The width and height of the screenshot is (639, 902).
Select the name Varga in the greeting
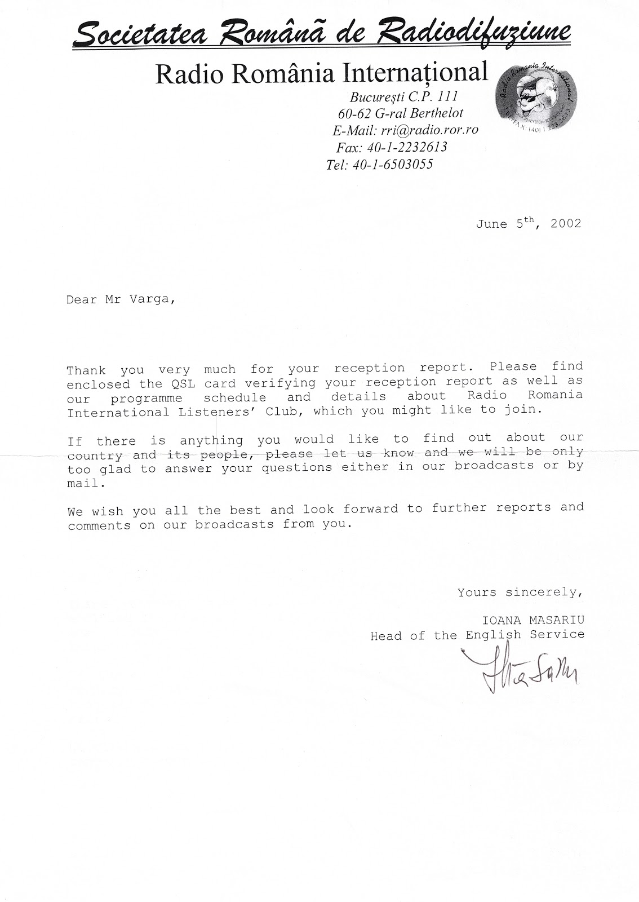(151, 300)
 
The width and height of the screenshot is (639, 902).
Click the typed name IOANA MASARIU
(533, 620)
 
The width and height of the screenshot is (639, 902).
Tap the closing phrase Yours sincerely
(519, 593)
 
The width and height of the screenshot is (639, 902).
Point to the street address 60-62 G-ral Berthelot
(401, 113)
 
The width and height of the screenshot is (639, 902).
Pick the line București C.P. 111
(404, 96)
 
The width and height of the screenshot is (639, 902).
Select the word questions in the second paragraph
(300, 468)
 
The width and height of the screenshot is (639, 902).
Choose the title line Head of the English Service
(477, 635)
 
